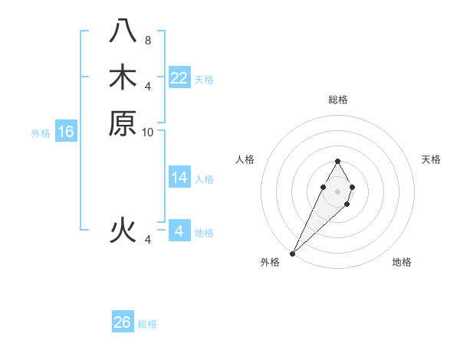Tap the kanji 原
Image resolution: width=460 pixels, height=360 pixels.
point(123,123)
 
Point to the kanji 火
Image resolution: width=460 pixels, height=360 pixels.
point(123,230)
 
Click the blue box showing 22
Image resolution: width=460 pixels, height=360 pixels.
point(179,78)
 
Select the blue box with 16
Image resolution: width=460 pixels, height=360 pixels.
point(66,132)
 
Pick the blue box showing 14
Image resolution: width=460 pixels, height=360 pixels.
point(179,178)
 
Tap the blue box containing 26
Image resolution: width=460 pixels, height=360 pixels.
point(123,322)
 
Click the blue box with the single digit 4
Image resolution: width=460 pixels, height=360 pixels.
point(179,231)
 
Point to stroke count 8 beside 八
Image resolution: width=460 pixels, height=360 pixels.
point(148,40)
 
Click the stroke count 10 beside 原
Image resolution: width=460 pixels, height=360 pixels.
point(148,132)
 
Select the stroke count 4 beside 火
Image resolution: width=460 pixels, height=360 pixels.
point(148,240)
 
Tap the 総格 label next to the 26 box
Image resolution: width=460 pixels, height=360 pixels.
point(147,324)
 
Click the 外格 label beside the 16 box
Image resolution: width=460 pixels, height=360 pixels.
point(41,133)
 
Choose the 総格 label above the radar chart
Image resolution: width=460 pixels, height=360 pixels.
point(337,100)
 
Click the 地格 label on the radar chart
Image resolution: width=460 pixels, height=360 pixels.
point(402,263)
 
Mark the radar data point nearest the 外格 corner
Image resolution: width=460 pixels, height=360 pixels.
point(293,253)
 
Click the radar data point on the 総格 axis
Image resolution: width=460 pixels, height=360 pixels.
point(337,161)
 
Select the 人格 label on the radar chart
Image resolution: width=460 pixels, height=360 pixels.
point(245,159)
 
